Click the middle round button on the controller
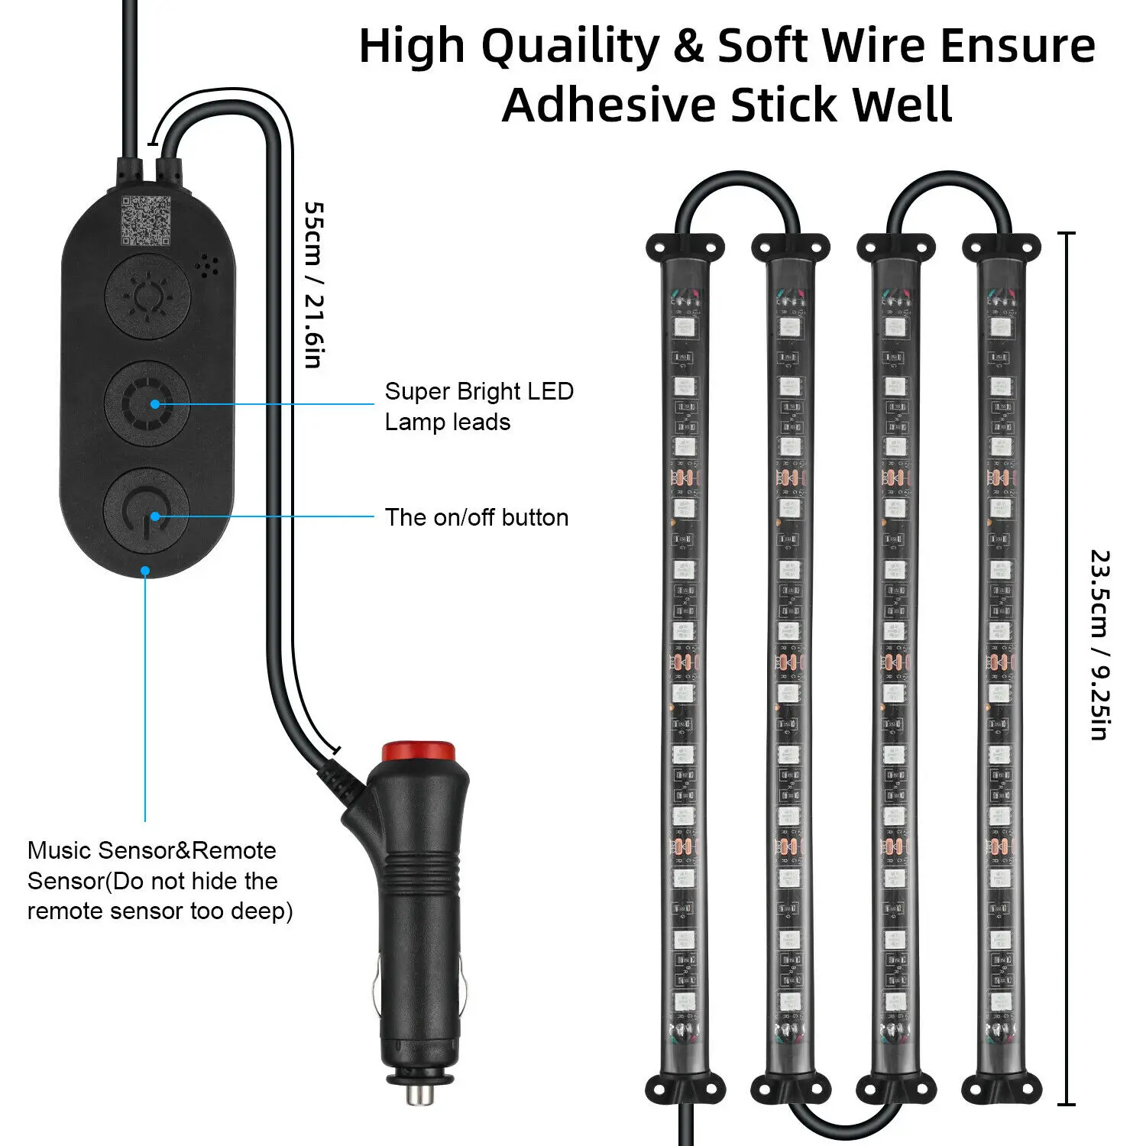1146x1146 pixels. (x=147, y=403)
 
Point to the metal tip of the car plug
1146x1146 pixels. (x=419, y=1094)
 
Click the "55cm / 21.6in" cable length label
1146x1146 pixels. (x=314, y=284)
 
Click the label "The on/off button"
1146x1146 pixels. (x=477, y=517)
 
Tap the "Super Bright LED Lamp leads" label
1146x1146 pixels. (x=479, y=406)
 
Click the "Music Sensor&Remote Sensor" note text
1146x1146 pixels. (x=160, y=880)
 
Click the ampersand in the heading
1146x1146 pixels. (x=689, y=46)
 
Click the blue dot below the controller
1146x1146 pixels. (x=144, y=571)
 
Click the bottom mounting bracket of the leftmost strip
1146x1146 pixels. (x=685, y=1088)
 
